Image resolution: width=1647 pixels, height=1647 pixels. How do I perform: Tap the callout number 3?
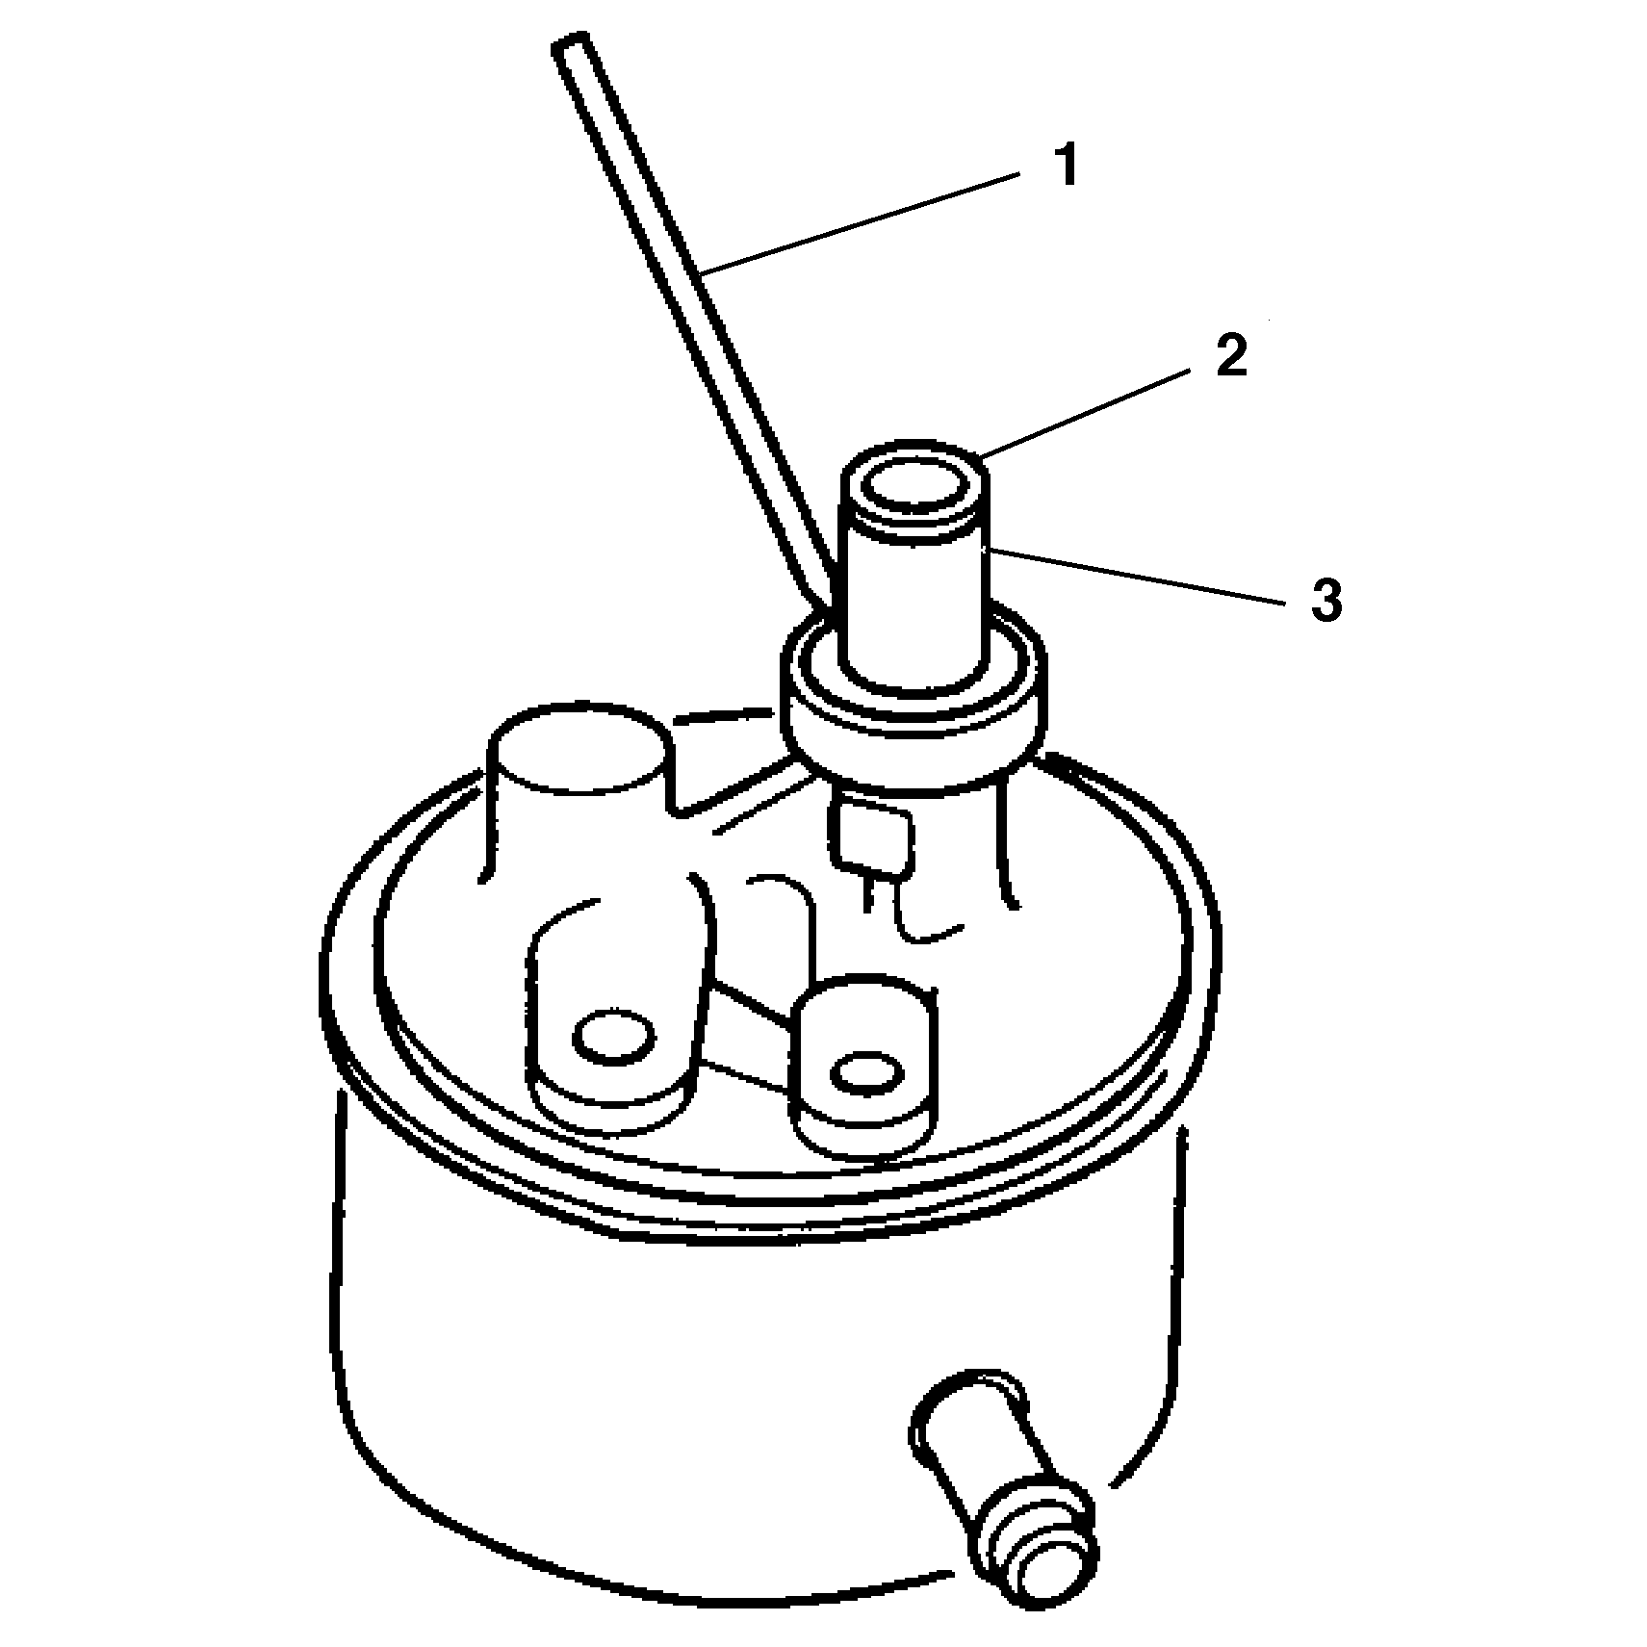(1325, 601)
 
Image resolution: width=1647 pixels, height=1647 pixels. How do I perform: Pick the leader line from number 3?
(1134, 576)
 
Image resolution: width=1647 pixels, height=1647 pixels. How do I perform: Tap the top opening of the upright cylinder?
(913, 491)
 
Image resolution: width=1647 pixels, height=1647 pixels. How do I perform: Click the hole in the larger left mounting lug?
(614, 1038)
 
